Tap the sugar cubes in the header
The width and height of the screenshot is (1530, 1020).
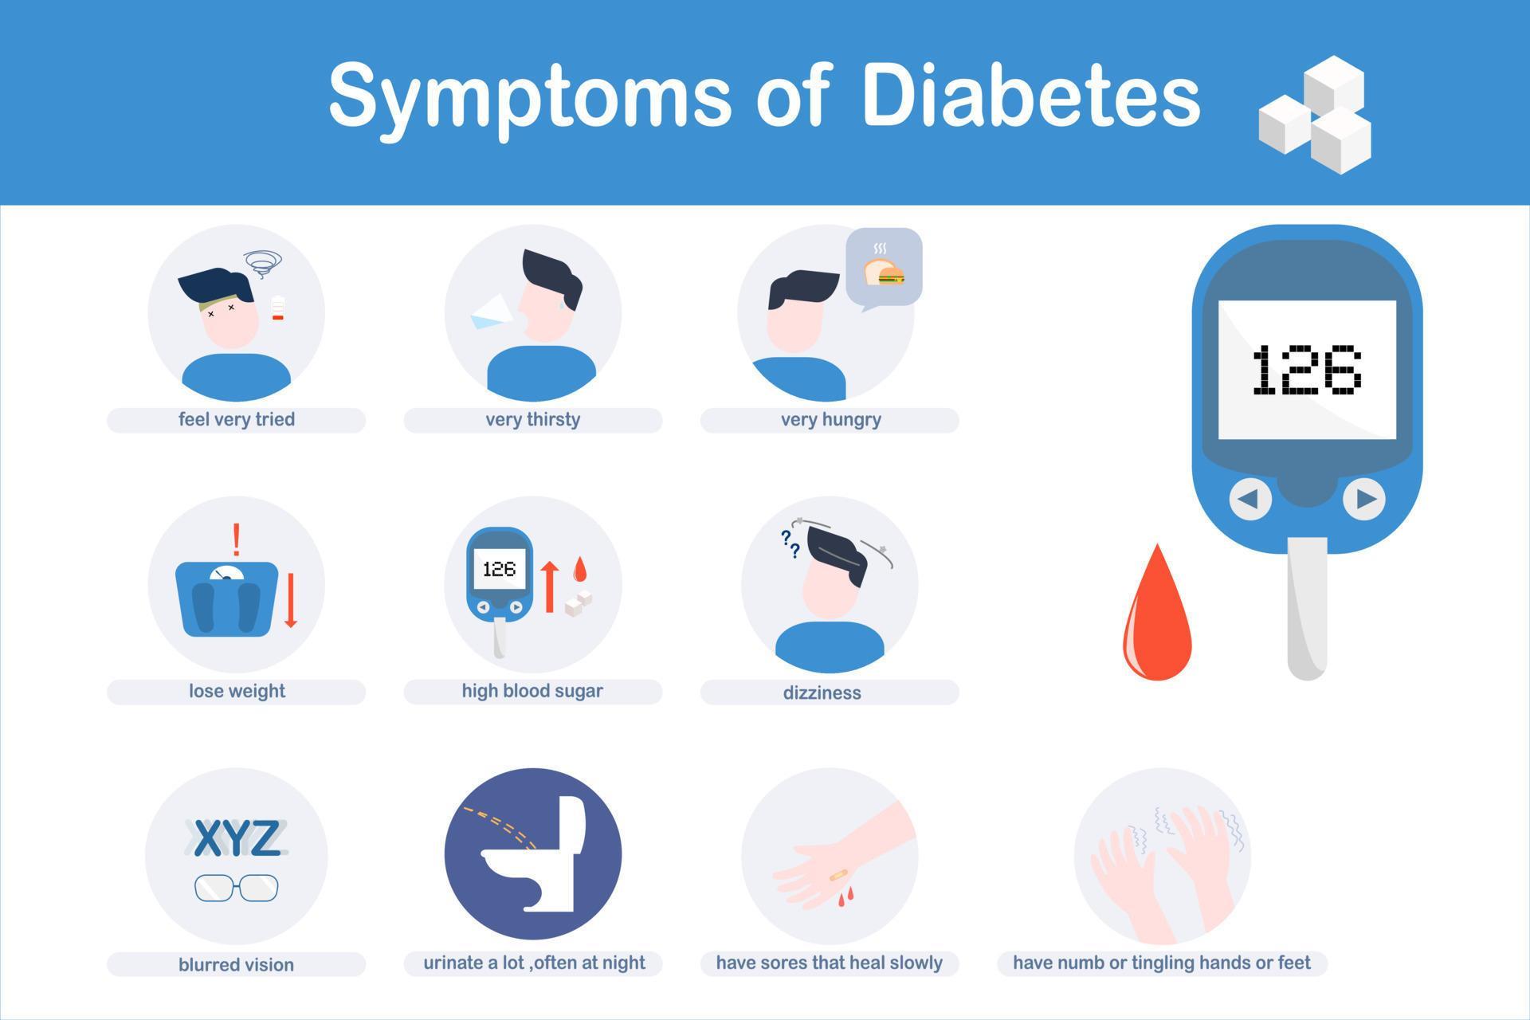point(1316,115)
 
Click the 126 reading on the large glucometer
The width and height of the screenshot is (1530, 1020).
point(1307,370)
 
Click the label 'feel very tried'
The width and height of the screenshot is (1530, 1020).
point(237,420)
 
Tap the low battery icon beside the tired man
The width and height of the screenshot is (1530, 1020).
point(278,308)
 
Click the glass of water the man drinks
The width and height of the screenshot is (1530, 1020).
point(491,312)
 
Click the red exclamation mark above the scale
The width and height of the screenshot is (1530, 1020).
point(236,539)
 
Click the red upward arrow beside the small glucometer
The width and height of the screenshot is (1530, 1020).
point(549,586)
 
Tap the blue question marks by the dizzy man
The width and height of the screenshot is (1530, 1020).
point(790,543)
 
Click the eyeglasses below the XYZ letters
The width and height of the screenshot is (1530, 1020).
point(237,887)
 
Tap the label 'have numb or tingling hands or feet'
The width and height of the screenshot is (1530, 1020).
point(1161,963)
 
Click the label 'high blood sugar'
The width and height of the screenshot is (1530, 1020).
point(532,691)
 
